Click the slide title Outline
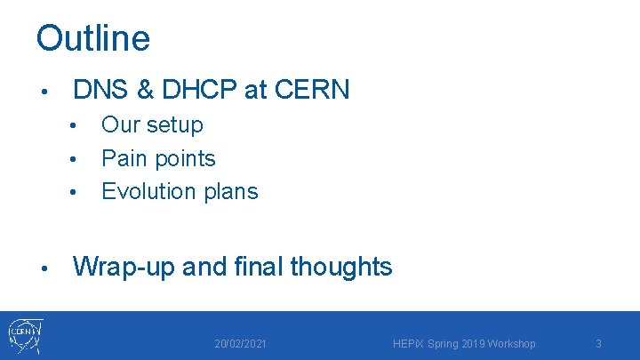[x=93, y=38]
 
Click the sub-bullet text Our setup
[x=152, y=125]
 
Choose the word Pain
[x=124, y=158]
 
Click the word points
[x=185, y=159]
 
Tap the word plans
[x=231, y=191]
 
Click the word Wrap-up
[x=124, y=267]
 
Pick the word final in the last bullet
[x=257, y=266]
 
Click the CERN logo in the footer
[x=25, y=336]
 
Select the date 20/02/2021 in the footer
[x=240, y=344]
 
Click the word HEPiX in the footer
[x=407, y=344]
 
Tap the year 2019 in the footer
[x=470, y=344]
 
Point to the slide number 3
[x=598, y=344]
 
